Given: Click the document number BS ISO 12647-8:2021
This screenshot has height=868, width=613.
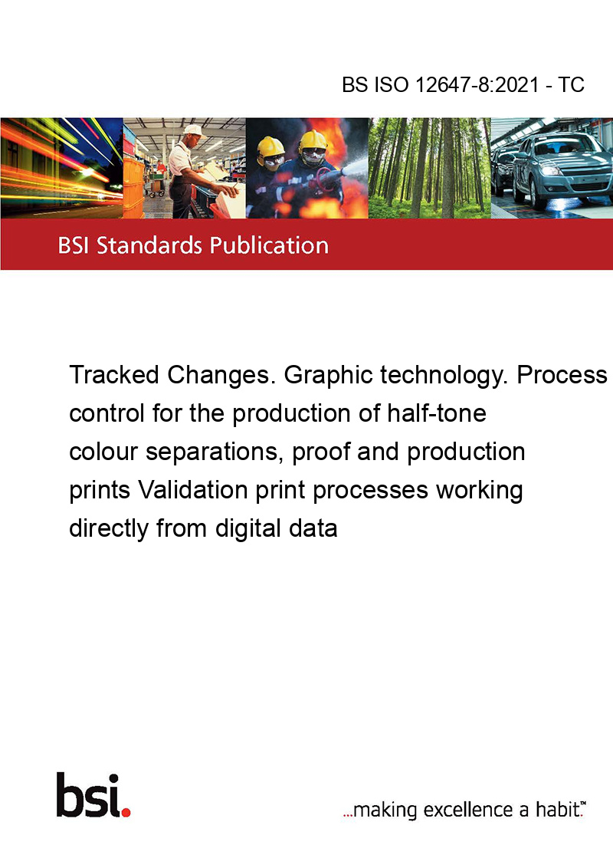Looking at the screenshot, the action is pos(441,84).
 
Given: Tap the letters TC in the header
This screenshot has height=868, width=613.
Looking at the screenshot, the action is pos(571,84).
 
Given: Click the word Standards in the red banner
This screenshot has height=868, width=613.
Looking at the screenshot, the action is pos(149,245).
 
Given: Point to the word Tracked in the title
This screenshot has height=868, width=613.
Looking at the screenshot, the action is pos(114,375).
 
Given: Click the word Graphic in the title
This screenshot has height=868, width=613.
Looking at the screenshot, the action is pos(328,375).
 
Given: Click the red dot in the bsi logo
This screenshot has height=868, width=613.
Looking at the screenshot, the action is pos(126,812).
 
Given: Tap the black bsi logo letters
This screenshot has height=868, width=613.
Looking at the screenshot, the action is pos(89,795).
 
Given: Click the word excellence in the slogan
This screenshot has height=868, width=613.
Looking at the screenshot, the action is pos(468,810).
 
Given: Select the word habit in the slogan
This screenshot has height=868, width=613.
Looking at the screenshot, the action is pos(556,810).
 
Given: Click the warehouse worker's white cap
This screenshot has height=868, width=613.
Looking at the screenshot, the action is pos(194,130).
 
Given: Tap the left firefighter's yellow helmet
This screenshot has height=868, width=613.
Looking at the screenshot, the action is pos(271,146).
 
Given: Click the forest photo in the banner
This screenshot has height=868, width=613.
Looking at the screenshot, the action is pos(429,168).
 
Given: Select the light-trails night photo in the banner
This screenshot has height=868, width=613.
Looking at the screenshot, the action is pos(61,168).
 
